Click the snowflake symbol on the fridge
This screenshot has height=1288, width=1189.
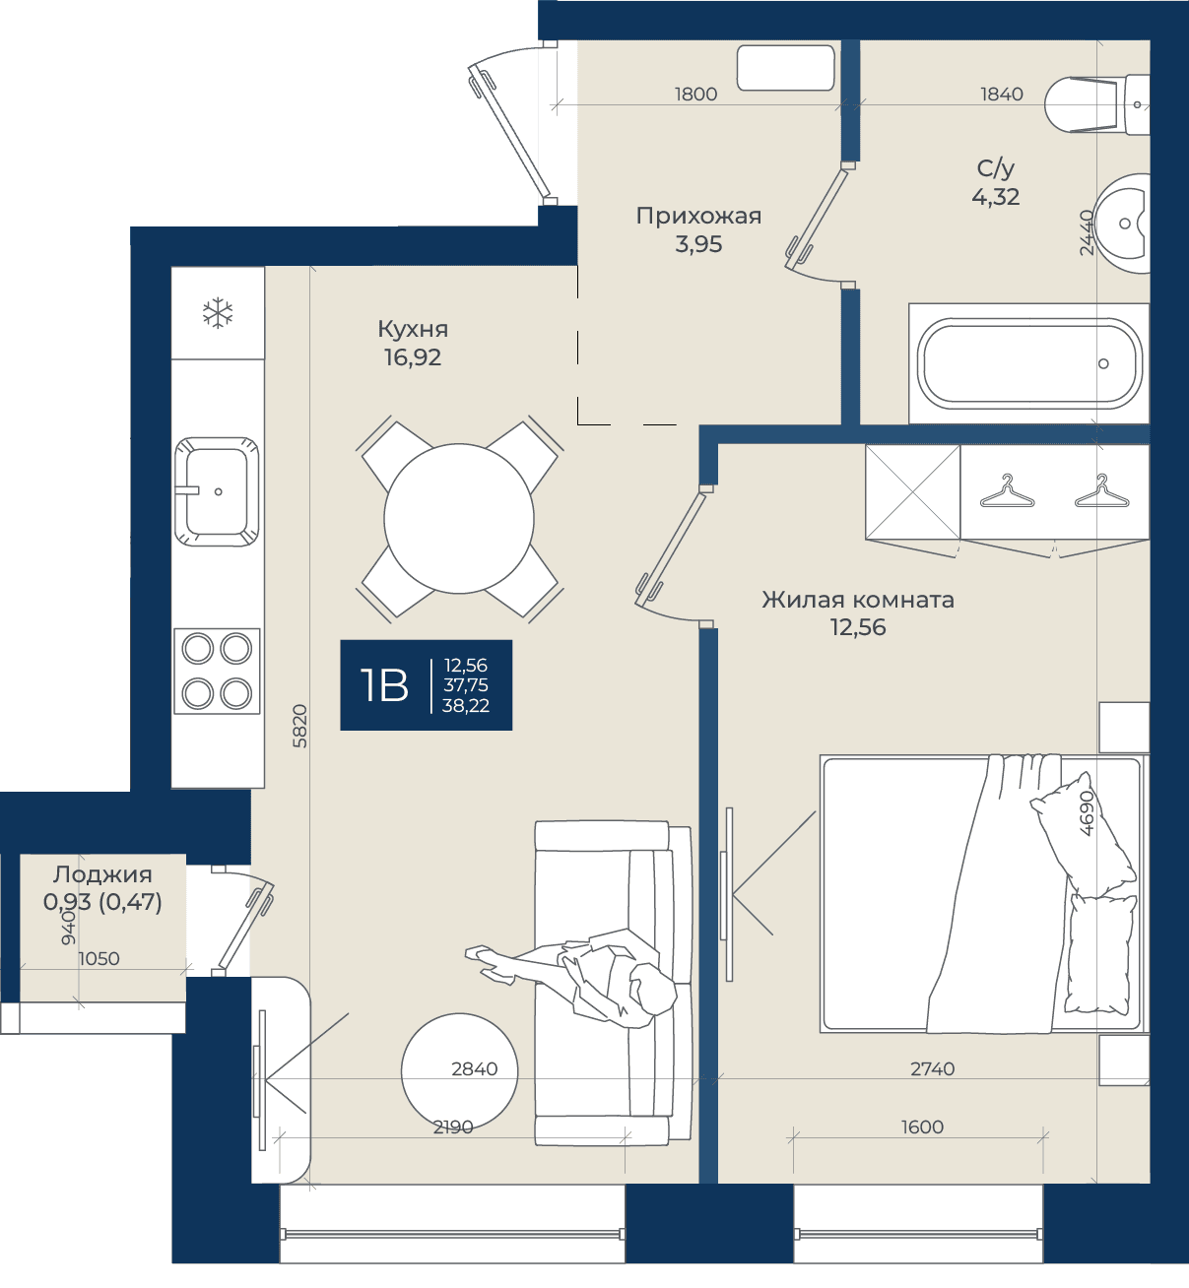[218, 312]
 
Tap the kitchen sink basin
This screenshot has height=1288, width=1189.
[217, 491]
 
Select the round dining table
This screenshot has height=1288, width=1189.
[459, 519]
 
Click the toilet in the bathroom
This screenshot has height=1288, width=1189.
[1096, 103]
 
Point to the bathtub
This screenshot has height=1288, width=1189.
[1029, 363]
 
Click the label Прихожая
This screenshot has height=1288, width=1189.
[698, 216]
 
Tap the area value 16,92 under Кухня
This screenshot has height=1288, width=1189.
[413, 357]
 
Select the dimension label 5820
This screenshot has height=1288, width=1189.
[299, 727]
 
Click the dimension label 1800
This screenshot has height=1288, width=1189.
[695, 95]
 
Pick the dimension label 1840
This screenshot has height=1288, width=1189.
[1002, 95]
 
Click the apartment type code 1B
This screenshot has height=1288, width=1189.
[384, 685]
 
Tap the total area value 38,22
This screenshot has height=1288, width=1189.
[466, 706]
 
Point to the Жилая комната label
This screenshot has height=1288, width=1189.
[858, 600]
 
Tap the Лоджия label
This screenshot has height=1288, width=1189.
[102, 874]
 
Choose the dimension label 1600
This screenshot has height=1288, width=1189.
[922, 1127]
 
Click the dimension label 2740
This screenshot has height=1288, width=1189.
[933, 1068]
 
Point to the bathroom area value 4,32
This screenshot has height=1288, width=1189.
[996, 197]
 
